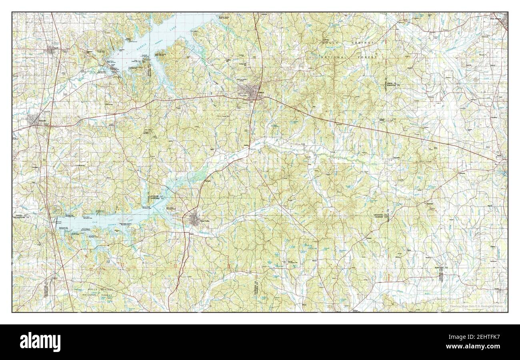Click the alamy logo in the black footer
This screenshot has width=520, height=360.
(x=40, y=342)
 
